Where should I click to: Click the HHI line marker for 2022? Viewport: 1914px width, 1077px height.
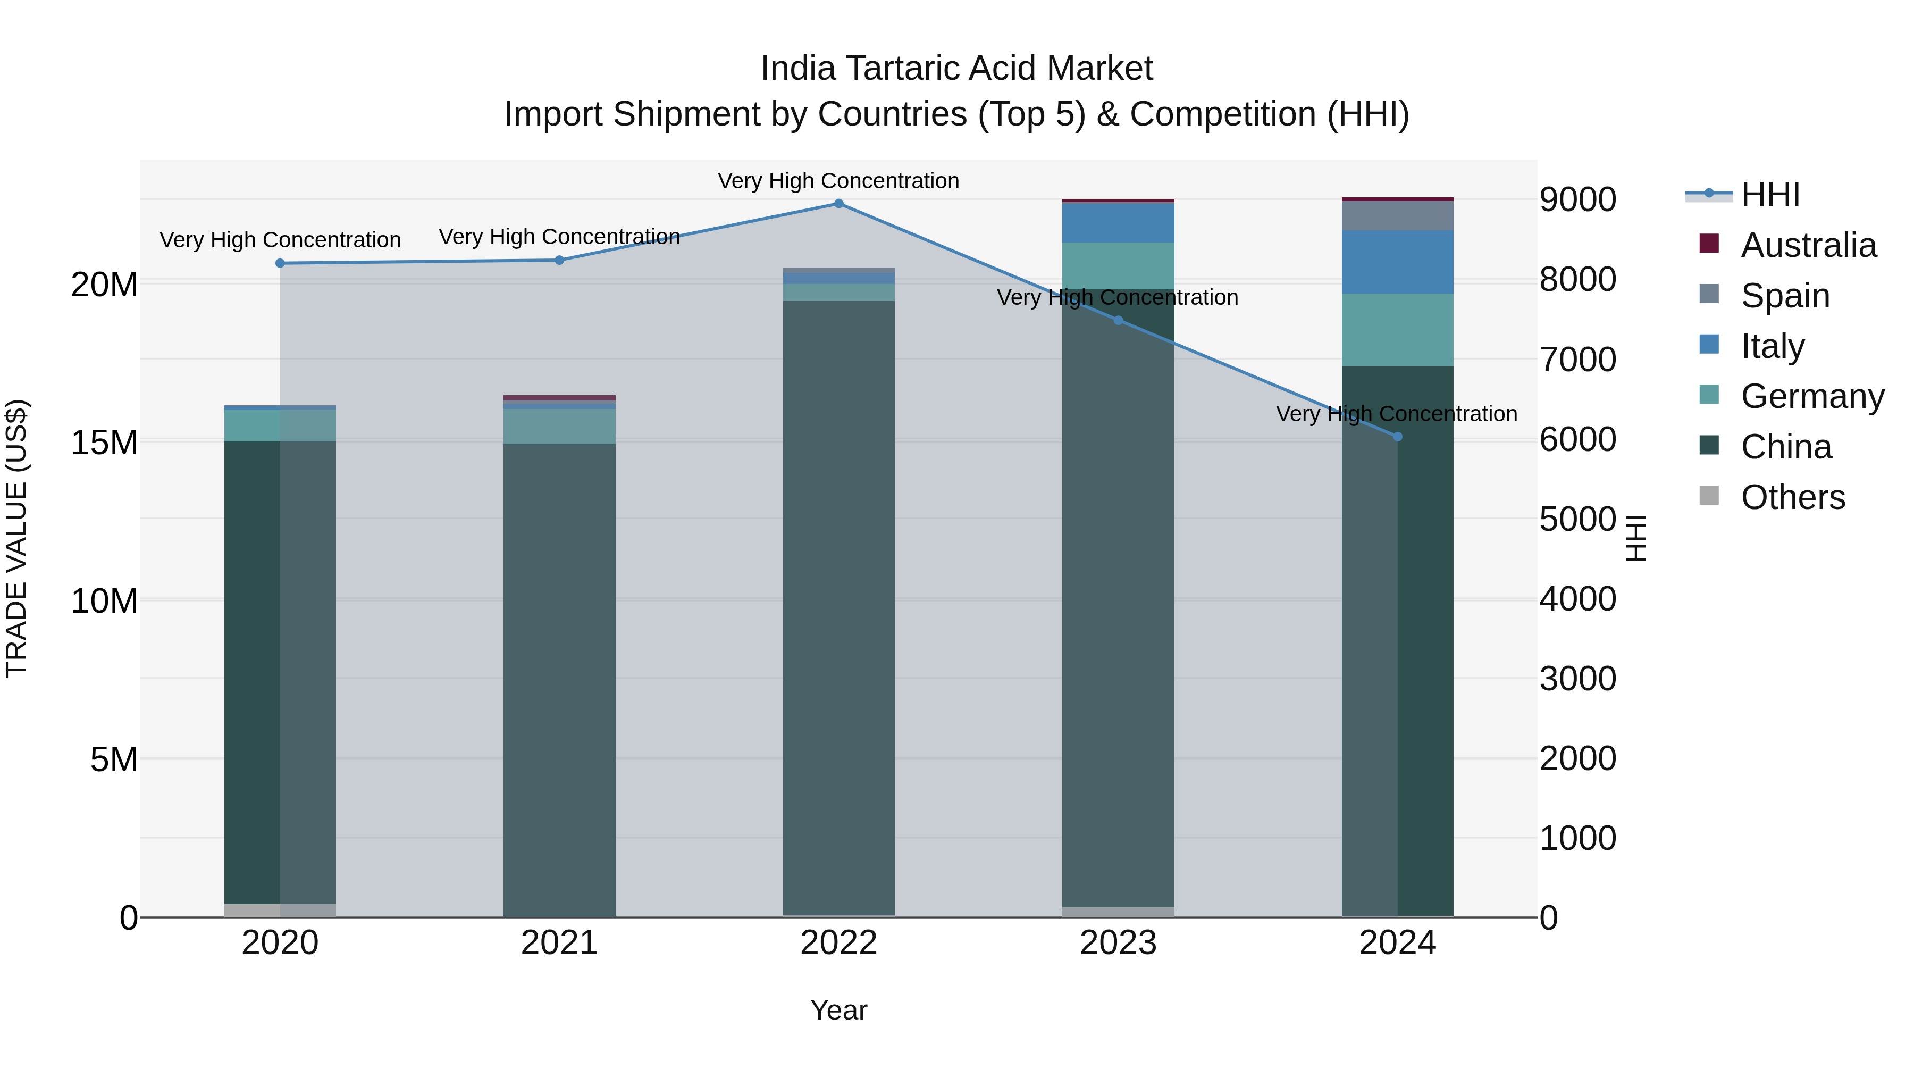coord(839,204)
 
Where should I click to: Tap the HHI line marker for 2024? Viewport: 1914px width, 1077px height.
coord(1398,437)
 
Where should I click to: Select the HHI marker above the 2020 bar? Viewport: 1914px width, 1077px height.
coord(280,263)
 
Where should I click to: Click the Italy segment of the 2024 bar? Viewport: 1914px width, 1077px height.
coord(1398,262)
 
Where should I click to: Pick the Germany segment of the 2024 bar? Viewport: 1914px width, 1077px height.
coord(1398,329)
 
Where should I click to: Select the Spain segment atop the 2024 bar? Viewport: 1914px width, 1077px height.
coord(1398,215)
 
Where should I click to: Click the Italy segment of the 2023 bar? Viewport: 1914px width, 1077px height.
coord(1118,222)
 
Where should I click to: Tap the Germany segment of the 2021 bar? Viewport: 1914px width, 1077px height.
coord(559,426)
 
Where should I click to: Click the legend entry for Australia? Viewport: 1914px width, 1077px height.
coord(1807,245)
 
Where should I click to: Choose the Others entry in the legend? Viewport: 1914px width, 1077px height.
coord(1792,497)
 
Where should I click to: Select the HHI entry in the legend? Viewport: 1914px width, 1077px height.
coord(1770,195)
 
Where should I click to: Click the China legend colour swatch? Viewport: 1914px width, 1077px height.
coord(1709,446)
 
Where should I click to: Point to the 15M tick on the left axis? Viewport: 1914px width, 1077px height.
coord(104,443)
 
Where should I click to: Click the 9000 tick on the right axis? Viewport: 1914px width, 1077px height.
coord(1577,200)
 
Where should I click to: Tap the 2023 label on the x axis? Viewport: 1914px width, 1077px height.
coord(1118,943)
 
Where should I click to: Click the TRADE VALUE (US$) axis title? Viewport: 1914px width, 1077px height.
coord(16,538)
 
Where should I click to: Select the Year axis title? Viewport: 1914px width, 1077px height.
coord(839,1010)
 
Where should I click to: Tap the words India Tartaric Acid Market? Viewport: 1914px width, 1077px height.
coord(956,69)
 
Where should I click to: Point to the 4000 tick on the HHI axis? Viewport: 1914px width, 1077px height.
coord(1577,599)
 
